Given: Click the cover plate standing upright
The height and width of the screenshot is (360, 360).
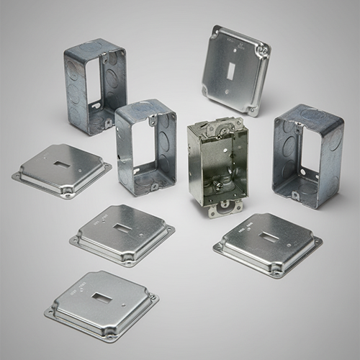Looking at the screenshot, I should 235,68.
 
